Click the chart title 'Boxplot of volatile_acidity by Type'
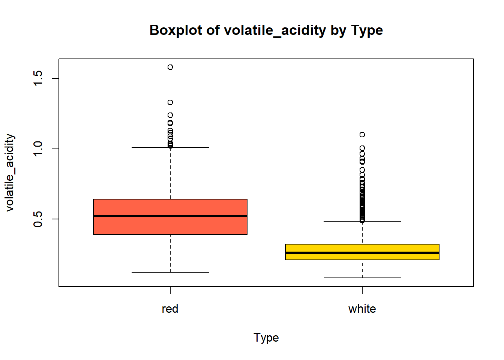(x=266, y=30)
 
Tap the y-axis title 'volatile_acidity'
(x=10, y=172)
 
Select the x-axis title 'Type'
(x=266, y=337)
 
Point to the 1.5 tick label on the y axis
(x=38, y=78)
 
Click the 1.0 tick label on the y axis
(x=38, y=149)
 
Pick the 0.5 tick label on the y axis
(x=38, y=219)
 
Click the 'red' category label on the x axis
(x=170, y=309)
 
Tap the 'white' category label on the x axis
(x=362, y=309)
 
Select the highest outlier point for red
(x=170, y=67)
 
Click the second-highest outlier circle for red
(x=170, y=102)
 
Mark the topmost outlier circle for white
(x=362, y=135)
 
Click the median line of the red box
(x=170, y=216)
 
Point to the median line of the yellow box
(x=362, y=253)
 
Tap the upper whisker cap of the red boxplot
(x=170, y=147)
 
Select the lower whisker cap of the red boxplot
(x=170, y=272)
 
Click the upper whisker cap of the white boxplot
(x=362, y=221)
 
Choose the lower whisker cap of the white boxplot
(x=362, y=278)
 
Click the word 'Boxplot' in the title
(x=176, y=30)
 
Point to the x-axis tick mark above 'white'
(x=362, y=290)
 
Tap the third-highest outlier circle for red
(x=170, y=115)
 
